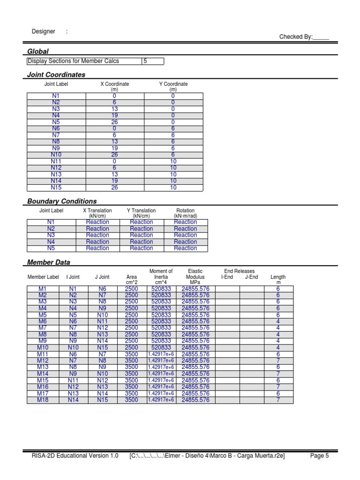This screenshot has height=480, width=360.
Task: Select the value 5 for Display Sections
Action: coord(145,61)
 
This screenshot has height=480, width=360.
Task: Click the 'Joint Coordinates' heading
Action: coord(56,75)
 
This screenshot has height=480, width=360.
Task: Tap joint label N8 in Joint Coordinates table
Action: coord(56,142)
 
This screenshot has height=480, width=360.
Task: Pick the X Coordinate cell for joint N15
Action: coord(114,187)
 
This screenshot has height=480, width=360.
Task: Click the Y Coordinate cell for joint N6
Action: coord(173,128)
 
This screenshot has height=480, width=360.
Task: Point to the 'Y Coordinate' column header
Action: coord(173,84)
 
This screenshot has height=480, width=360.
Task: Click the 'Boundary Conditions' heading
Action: coord(62,201)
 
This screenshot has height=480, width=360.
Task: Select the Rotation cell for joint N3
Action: coord(185,235)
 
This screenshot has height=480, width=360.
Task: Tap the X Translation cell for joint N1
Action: coord(97,222)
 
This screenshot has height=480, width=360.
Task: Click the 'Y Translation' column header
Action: coord(141,210)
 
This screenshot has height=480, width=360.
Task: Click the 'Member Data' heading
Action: coord(49,262)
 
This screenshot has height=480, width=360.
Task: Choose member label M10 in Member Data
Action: coord(43,347)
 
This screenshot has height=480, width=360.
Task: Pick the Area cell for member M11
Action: coord(131,354)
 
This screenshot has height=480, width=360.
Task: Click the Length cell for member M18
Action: coord(278,400)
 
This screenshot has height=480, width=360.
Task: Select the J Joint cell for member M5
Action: coord(102,315)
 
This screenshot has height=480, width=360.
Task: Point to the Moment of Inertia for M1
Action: coord(161,289)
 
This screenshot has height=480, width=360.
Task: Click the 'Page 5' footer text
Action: coord(320,455)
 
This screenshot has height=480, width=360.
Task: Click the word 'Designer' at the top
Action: coord(43,31)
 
